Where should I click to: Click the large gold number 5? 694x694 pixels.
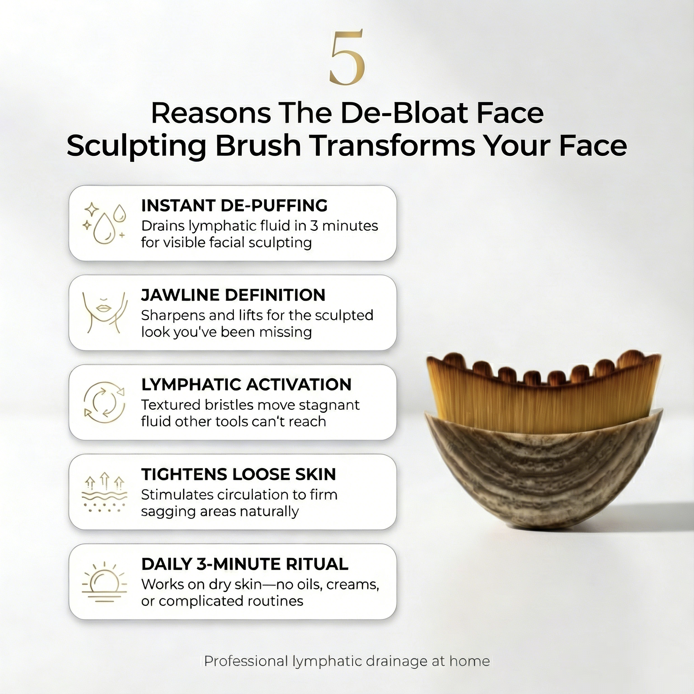tap(347, 58)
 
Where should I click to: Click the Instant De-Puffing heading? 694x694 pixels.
tap(234, 205)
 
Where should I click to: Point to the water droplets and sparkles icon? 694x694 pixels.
tap(104, 223)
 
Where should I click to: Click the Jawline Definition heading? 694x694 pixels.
tap(233, 295)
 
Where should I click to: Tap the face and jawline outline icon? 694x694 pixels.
tap(104, 312)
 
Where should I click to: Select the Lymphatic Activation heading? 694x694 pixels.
tap(246, 384)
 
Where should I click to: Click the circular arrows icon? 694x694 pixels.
tap(104, 402)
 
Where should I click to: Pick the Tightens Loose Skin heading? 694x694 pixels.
tap(239, 474)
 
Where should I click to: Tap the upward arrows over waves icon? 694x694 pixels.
tap(104, 492)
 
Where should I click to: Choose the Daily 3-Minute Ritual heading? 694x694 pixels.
tap(245, 564)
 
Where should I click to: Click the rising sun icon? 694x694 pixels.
tap(104, 582)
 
